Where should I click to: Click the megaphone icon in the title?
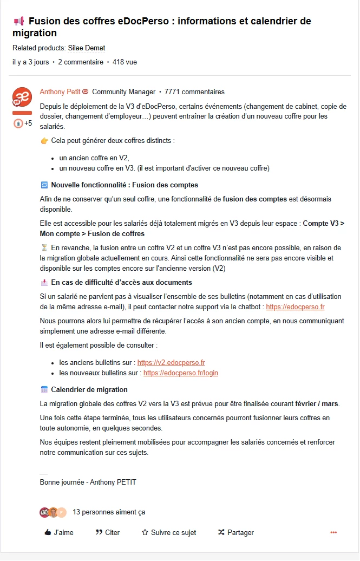19,21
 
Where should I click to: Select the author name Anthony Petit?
60,92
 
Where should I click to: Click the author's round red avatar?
22,97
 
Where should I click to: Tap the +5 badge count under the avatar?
28,123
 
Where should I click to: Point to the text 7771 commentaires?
194,92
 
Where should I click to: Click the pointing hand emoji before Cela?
44,141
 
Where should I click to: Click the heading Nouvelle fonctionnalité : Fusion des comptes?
125,185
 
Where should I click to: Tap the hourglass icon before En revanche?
44,247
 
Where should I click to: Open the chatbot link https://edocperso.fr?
295,307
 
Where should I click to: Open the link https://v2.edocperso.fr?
171,363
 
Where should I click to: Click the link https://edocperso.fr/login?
181,373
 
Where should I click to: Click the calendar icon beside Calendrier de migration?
44,390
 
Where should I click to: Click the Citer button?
107,532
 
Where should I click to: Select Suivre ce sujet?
168,532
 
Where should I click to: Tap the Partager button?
235,532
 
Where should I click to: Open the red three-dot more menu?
333,532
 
